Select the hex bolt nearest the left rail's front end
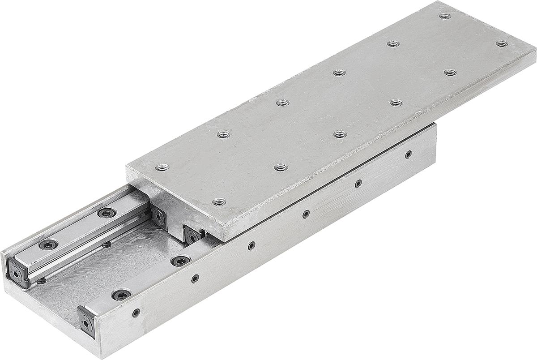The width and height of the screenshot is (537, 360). (x=48, y=244)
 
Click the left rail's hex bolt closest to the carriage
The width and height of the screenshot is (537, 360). (x=106, y=213)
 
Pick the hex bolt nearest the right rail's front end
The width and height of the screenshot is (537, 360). (x=121, y=295)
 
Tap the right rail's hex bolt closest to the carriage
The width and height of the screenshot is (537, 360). (x=180, y=261)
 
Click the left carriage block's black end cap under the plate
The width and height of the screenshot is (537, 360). (x=159, y=217)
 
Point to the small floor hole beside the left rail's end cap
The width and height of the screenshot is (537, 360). (x=41, y=281)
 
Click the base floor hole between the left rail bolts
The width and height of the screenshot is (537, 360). (x=107, y=244)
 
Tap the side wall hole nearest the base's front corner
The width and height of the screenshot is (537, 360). (x=136, y=313)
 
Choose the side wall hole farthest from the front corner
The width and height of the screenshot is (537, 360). (x=408, y=154)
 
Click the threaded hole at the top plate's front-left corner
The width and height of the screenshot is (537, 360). (x=162, y=168)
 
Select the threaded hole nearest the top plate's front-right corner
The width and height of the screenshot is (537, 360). (x=218, y=202)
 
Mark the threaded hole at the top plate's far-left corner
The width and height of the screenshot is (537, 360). (x=444, y=17)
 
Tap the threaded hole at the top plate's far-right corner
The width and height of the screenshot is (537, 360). (x=502, y=44)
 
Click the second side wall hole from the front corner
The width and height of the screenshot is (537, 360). (x=195, y=279)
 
